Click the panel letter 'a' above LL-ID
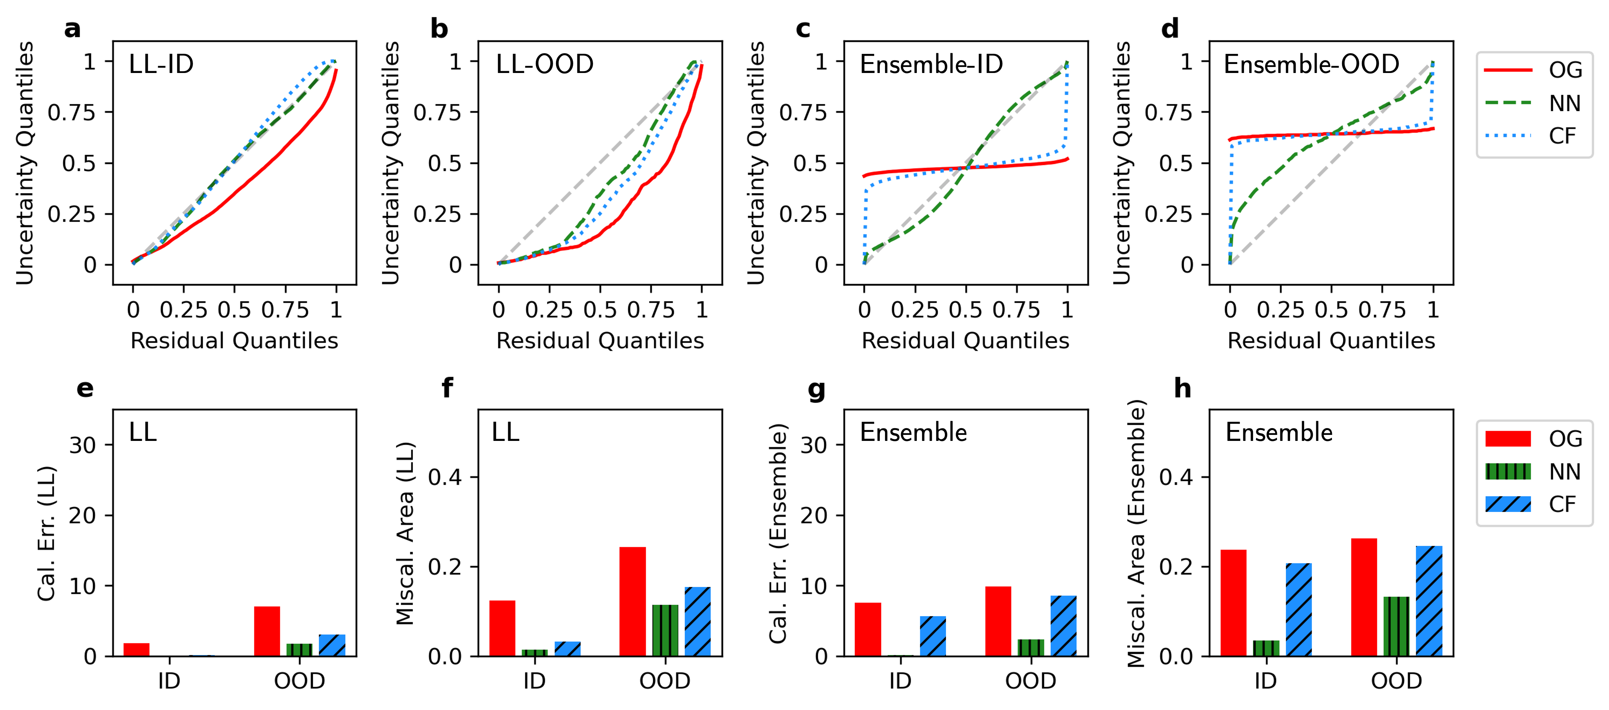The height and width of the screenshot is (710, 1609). [73, 29]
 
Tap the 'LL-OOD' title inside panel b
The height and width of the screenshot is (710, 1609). [544, 64]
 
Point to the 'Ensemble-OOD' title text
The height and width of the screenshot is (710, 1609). [1311, 64]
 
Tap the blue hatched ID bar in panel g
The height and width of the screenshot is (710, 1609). [933, 636]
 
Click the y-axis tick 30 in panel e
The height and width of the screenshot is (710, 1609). [82, 446]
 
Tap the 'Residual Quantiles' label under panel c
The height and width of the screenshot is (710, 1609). [965, 341]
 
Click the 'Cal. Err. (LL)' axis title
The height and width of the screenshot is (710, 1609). [46, 533]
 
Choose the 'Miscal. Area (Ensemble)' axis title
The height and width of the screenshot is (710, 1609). [1136, 533]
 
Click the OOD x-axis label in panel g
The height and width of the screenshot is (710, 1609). [1030, 681]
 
